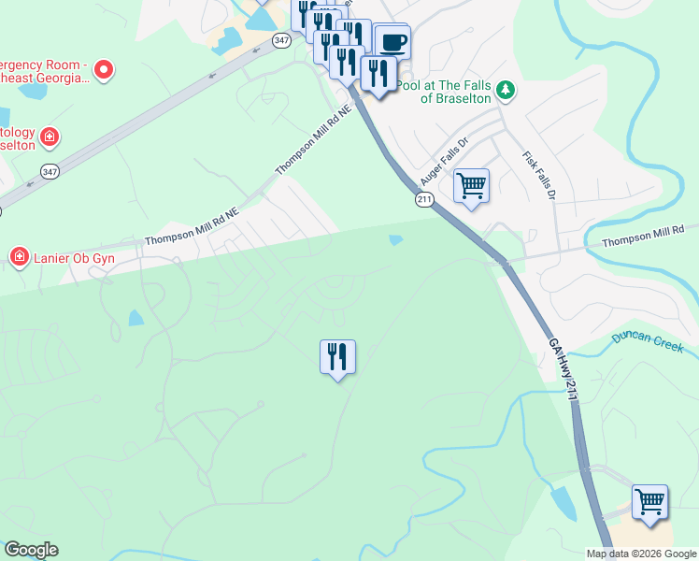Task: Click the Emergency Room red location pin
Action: (104, 69)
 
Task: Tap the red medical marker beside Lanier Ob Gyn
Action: (19, 256)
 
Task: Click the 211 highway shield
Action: (425, 199)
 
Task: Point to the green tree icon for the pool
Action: (506, 90)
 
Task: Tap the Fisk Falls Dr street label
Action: (539, 175)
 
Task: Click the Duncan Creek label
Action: (648, 341)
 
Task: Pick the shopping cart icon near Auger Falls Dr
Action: (471, 185)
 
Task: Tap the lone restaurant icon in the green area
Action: (337, 356)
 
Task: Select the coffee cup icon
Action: (392, 42)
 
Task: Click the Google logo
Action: (30, 550)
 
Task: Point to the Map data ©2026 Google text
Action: (641, 554)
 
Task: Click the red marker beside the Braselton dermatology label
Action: (50, 139)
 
